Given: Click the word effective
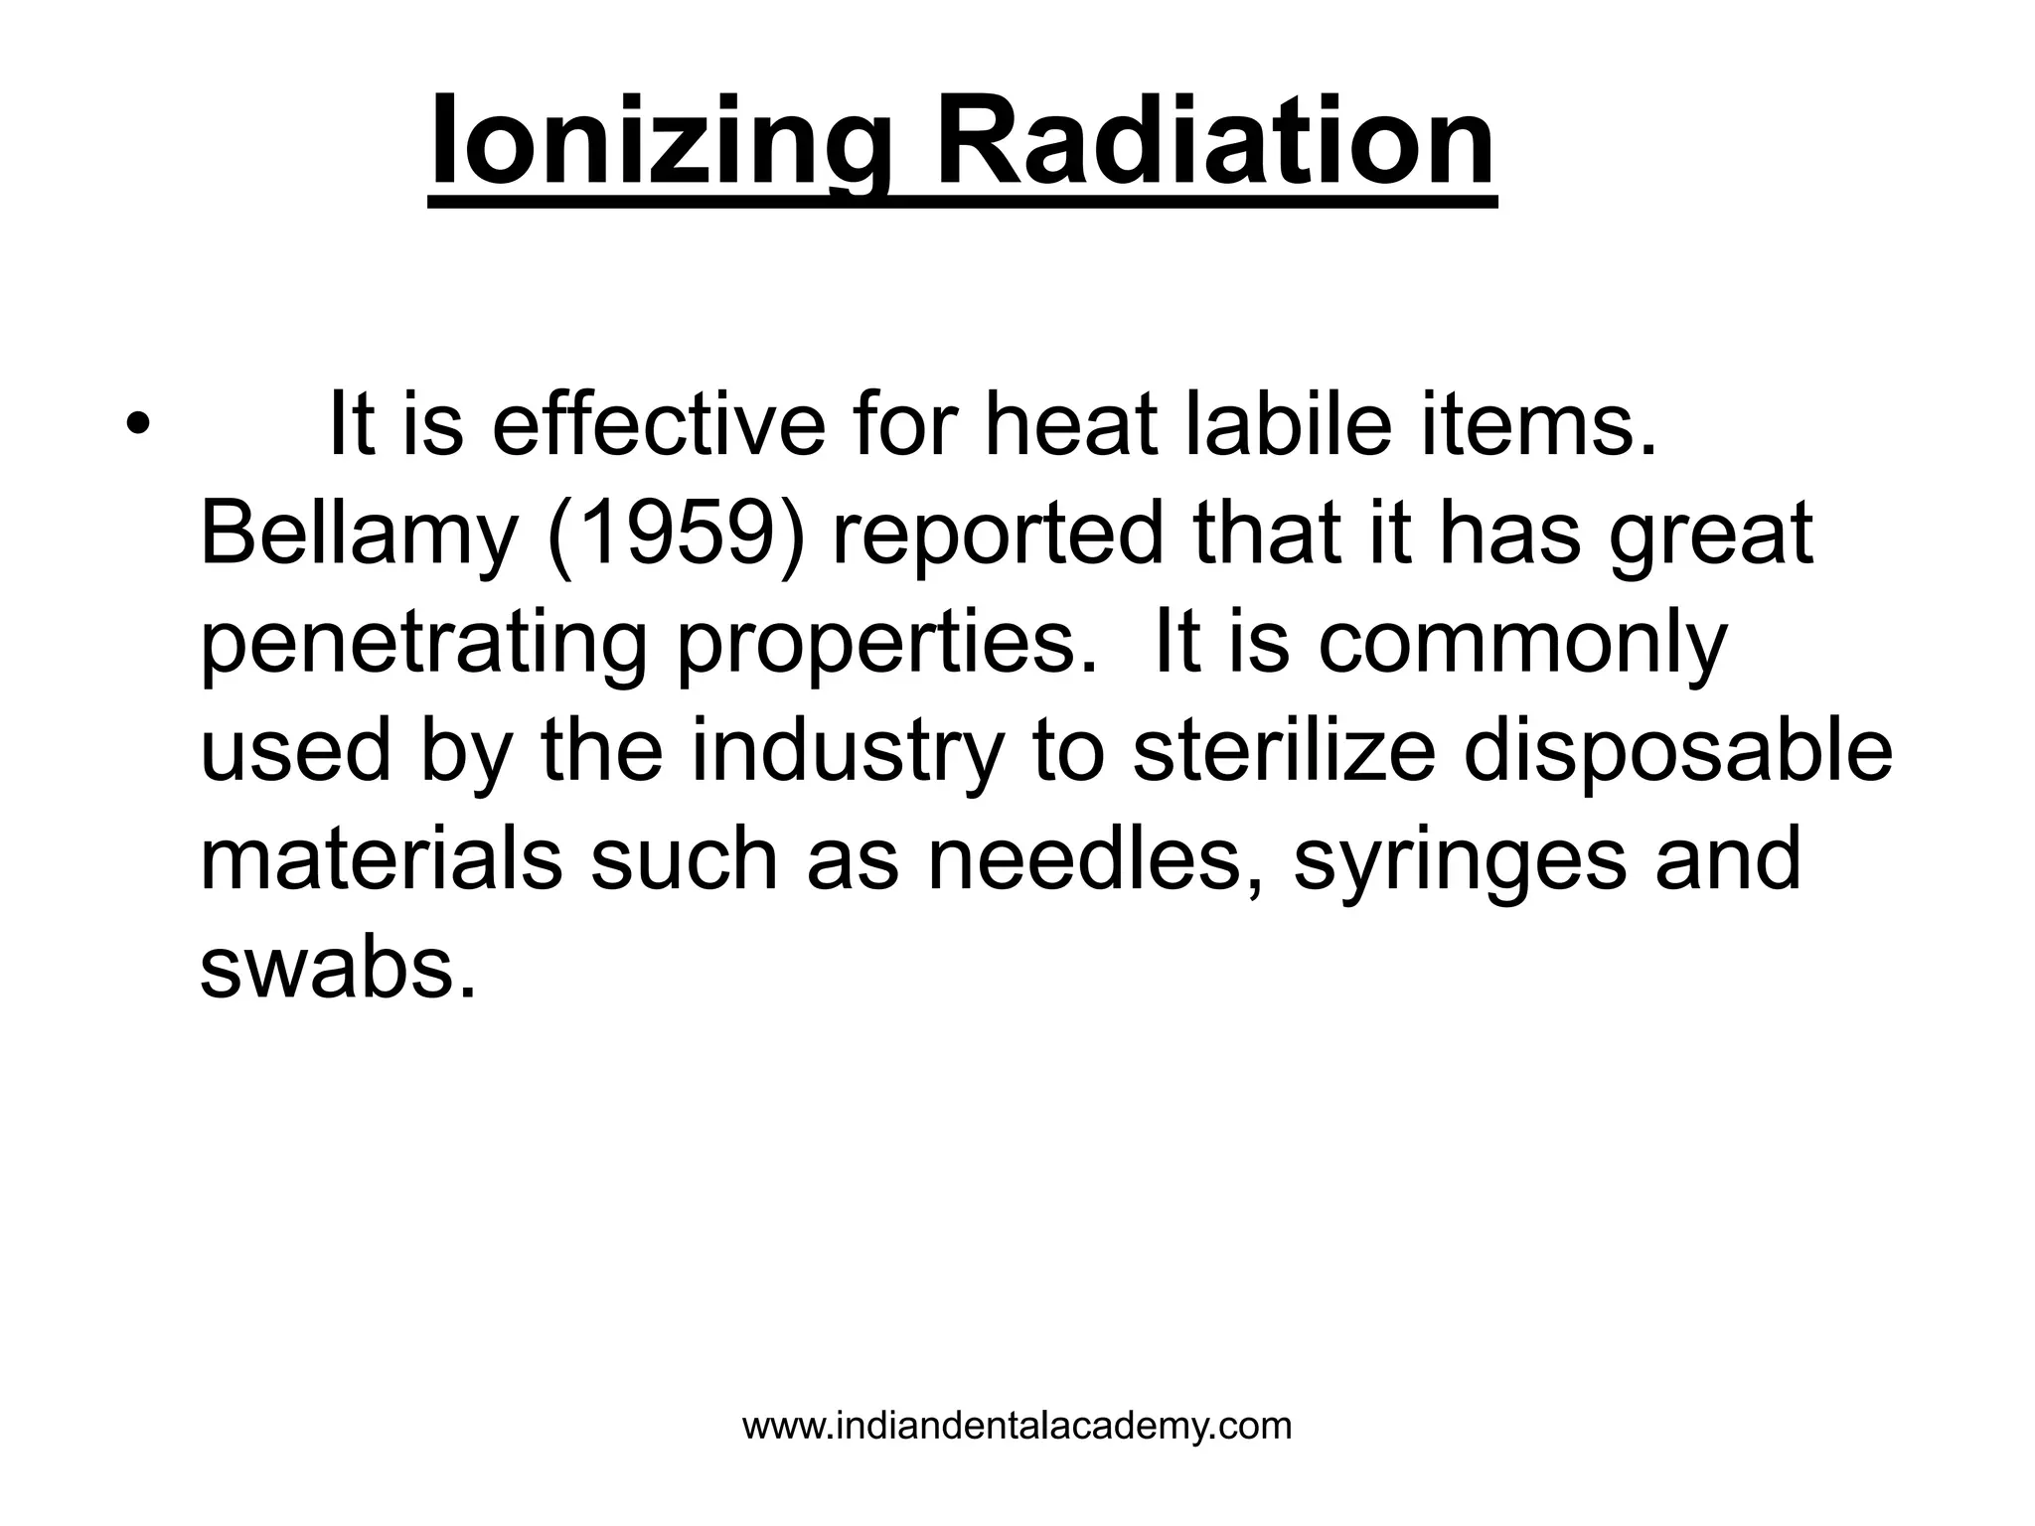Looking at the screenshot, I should pyautogui.click(x=658, y=424).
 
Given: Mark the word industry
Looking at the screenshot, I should pyautogui.click(x=847, y=752).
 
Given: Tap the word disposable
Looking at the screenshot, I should pyautogui.click(x=1678, y=752).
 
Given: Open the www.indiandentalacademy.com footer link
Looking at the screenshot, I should pyautogui.click(x=1017, y=1426).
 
